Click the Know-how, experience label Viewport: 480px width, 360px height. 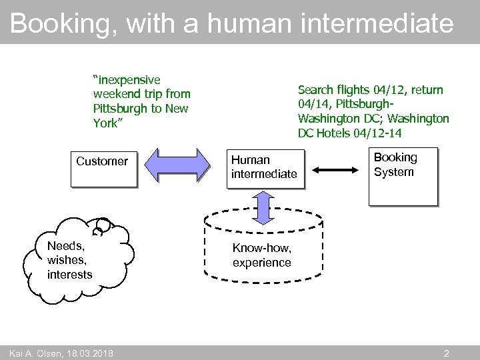point(262,255)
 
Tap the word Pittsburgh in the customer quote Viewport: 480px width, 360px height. point(121,109)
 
